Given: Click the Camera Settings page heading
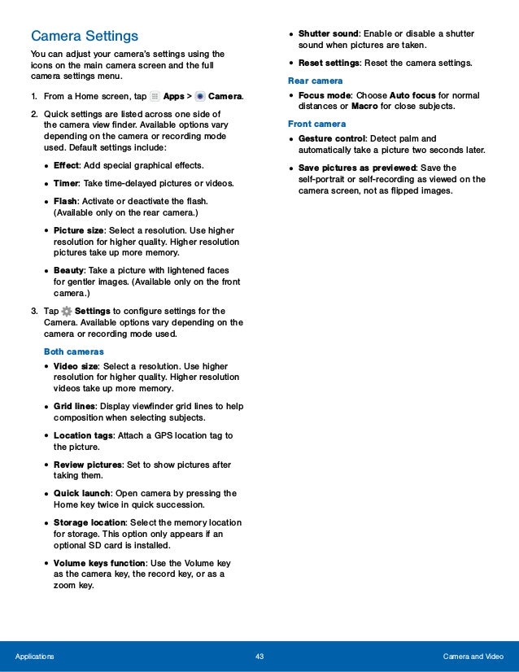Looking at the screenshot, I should coord(85,37).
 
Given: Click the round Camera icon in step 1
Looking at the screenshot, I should coord(200,97).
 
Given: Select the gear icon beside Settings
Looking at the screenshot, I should coord(66,311).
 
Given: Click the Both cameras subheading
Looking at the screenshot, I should coord(73,351).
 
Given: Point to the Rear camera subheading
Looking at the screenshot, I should coord(316,81).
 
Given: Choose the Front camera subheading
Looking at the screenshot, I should coord(317,124).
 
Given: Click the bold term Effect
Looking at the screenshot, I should coord(66,165).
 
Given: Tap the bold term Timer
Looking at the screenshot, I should coord(67,183).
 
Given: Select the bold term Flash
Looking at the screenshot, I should coord(67,201).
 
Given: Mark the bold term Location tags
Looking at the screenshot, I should coord(83,435).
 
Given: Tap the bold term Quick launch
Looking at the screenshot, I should coord(82,493).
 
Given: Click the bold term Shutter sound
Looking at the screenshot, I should coord(329,33).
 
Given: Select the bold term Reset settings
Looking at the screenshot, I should coord(329,63).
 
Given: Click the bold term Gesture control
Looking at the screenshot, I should coord(332,138).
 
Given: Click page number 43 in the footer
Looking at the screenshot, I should coord(259,657).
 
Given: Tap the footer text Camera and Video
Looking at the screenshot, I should coord(473,657).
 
